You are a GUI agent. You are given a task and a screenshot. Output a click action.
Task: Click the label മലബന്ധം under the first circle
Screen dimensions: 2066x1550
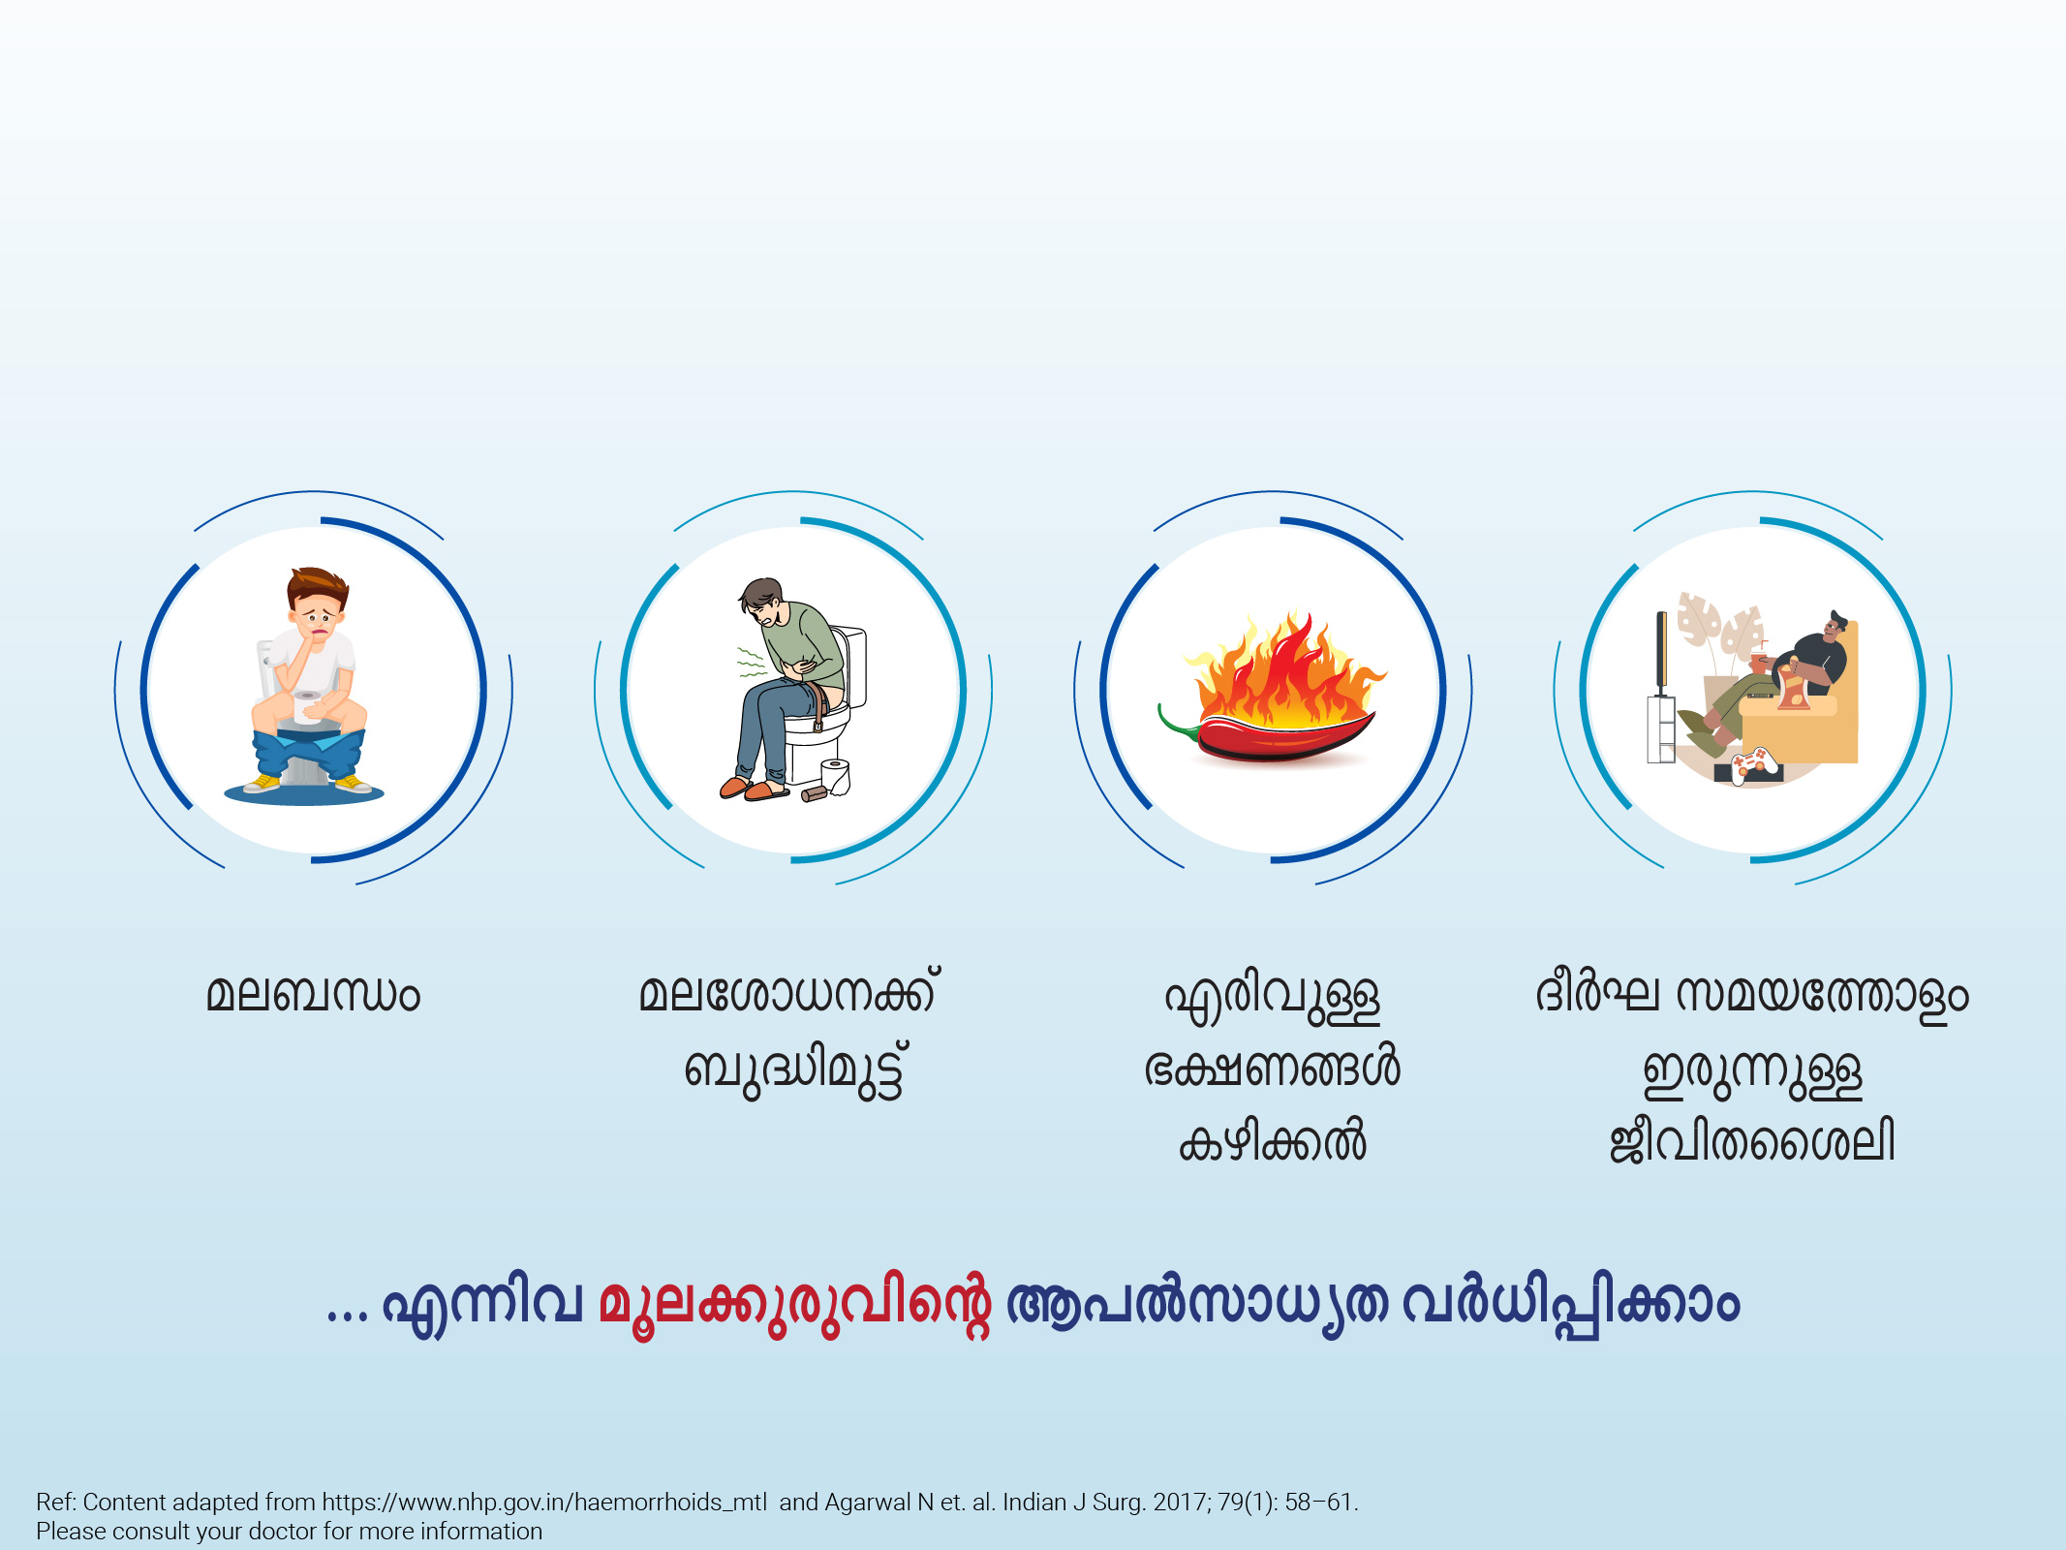313,995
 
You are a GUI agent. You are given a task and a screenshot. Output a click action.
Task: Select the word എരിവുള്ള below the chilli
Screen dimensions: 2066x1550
1272,998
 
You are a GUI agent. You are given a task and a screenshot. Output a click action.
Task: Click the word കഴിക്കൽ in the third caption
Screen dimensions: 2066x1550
1272,1142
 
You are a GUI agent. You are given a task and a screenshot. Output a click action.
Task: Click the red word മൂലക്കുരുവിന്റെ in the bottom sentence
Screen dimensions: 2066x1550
794,1303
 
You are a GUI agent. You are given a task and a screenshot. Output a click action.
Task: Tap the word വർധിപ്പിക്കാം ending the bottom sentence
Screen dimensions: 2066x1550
1570,1303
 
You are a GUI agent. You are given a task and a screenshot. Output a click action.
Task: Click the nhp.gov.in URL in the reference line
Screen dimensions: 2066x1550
544,1503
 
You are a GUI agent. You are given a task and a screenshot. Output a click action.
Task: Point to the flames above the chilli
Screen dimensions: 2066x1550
1283,668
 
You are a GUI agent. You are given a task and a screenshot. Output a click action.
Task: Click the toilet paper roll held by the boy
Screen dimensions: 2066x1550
307,708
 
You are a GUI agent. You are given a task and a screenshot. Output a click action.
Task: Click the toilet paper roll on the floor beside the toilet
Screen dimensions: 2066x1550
835,776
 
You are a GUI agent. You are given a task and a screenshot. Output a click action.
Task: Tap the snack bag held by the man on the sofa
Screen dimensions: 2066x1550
1792,685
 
